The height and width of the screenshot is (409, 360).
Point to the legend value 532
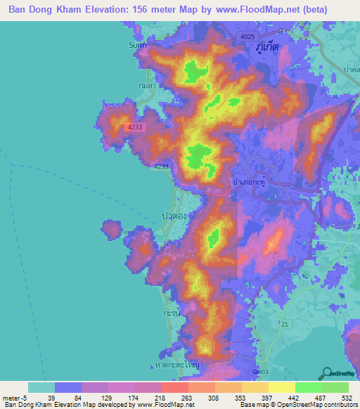coord(345,397)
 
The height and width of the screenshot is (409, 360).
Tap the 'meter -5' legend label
coord(14,397)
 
